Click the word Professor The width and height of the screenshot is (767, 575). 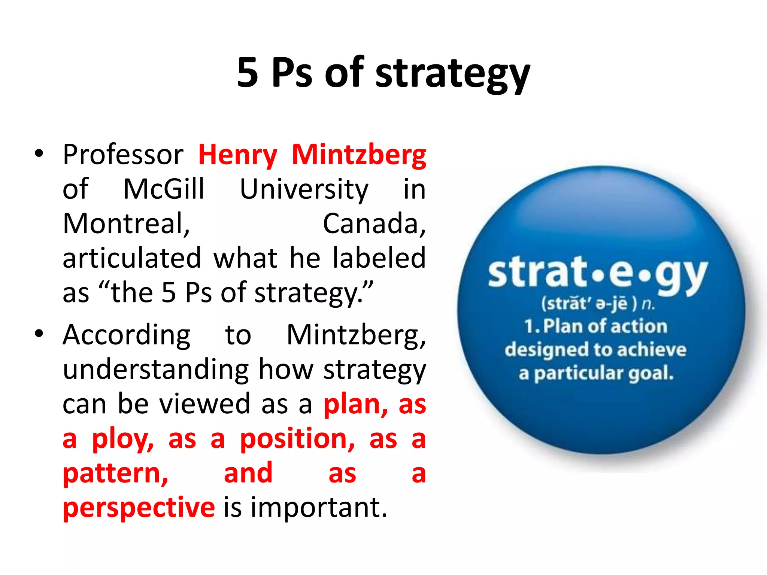(123, 155)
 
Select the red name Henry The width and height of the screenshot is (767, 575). (238, 155)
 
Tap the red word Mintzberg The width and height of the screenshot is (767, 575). (359, 155)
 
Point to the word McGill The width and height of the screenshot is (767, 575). (164, 189)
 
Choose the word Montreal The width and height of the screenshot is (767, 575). (126, 224)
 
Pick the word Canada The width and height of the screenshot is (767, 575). (374, 224)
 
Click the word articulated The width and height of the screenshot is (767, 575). (132, 258)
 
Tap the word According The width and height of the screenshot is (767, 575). (127, 335)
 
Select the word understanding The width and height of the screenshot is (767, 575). (155, 370)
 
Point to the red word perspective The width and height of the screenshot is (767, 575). (139, 508)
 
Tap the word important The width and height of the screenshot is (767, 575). (319, 508)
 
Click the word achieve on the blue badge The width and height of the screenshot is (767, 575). (652, 350)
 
